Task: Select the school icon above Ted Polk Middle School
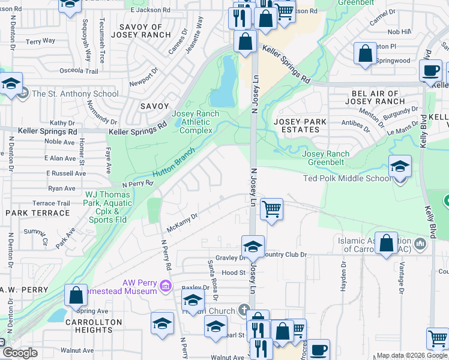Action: coord(400,166)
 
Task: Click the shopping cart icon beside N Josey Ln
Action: coord(271,209)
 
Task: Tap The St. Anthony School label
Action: coord(75,94)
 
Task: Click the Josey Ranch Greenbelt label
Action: coord(329,157)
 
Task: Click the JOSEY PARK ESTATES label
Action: coord(300,127)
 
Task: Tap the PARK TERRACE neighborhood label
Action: coord(37,213)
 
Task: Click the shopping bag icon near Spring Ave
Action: coord(76,296)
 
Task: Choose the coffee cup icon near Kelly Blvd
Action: coord(430,70)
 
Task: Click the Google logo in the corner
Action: coord(20,353)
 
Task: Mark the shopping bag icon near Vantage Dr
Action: coord(387,243)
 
